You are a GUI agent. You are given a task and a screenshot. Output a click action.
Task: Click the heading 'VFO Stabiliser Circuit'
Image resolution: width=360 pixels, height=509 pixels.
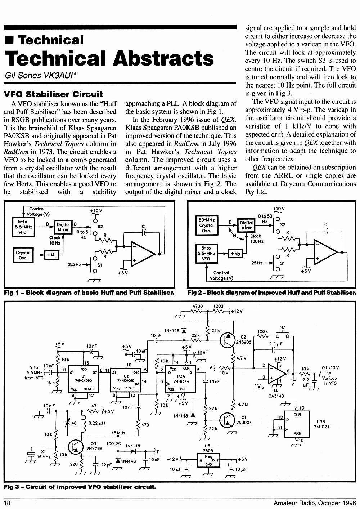(54, 94)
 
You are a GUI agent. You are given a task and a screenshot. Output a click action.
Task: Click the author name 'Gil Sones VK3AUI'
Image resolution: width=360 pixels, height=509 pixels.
(40, 75)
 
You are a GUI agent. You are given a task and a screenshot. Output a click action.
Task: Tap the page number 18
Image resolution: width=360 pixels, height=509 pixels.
(7, 503)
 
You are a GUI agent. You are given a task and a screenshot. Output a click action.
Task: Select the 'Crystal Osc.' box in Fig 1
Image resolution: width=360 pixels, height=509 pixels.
(23, 255)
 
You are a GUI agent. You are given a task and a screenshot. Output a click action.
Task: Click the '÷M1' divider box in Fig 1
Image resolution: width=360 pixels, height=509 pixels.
(51, 255)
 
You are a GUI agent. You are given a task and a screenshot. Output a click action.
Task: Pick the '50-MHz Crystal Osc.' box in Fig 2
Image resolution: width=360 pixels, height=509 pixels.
(207, 225)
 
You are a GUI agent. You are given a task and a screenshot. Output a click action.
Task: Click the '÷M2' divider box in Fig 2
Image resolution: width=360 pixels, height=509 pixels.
(235, 253)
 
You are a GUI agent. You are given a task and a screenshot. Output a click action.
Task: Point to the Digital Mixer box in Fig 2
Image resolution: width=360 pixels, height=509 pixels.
(246, 225)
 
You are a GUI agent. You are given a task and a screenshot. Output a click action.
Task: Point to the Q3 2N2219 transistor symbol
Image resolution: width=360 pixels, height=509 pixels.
(76, 447)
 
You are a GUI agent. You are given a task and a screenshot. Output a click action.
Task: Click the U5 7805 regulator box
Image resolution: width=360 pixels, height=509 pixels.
(208, 460)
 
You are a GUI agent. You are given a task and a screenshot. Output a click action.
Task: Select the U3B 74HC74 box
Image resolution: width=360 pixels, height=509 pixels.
(297, 424)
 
